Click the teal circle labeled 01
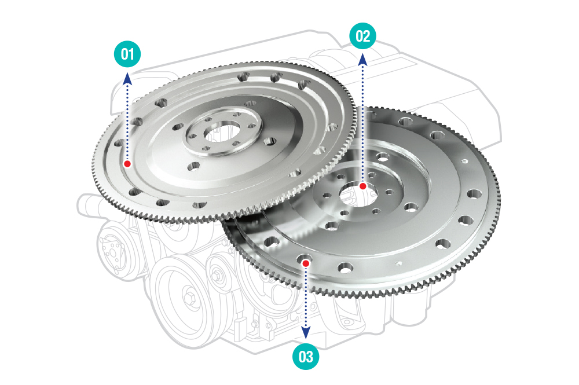click(x=127, y=54)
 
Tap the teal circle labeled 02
click(x=362, y=36)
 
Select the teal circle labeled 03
click(x=306, y=356)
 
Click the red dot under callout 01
click(x=127, y=163)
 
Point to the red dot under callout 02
click(x=362, y=186)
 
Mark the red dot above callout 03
click(x=306, y=263)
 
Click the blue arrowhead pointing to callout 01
click(x=127, y=78)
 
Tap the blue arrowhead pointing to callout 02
click(x=362, y=60)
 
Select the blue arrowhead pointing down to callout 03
click(x=306, y=333)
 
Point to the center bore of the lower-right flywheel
click(x=358, y=194)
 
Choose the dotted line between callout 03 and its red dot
click(x=306, y=297)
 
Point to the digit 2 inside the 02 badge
click(x=367, y=36)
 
